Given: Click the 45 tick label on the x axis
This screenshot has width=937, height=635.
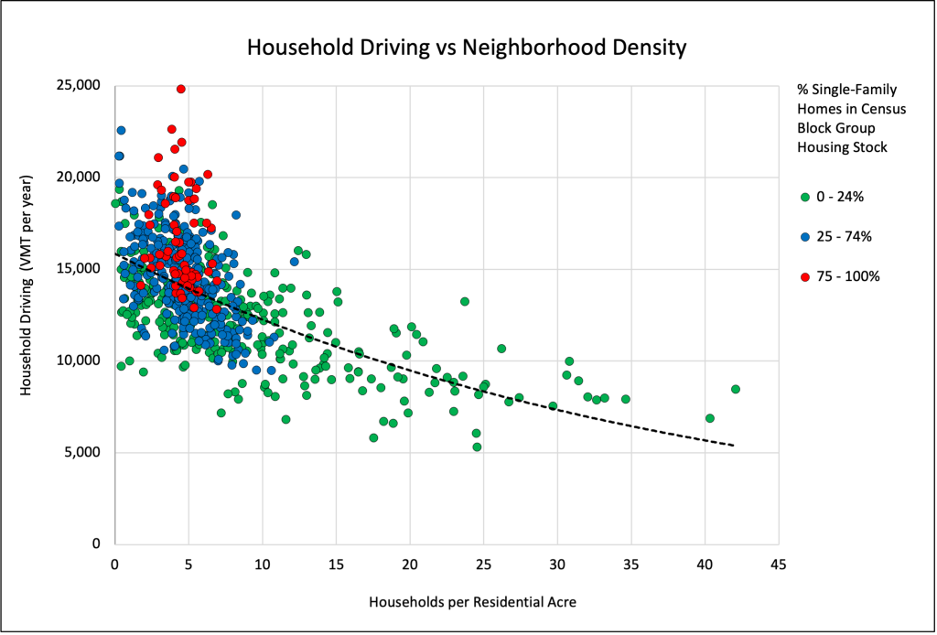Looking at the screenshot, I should (778, 565).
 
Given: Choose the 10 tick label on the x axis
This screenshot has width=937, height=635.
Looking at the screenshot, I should (262, 565).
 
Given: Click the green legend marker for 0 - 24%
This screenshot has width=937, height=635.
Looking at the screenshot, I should (804, 197).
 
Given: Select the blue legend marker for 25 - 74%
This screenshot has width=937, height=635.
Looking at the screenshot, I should (804, 236).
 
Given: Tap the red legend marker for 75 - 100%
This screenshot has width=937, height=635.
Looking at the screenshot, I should (804, 276).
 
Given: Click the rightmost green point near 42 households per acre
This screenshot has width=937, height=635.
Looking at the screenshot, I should (735, 389).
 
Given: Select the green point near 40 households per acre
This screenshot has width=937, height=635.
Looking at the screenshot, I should (709, 418).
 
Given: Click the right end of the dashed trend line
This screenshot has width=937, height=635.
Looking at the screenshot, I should (733, 446).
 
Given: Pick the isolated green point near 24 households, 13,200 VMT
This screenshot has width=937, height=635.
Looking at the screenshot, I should (464, 301).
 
